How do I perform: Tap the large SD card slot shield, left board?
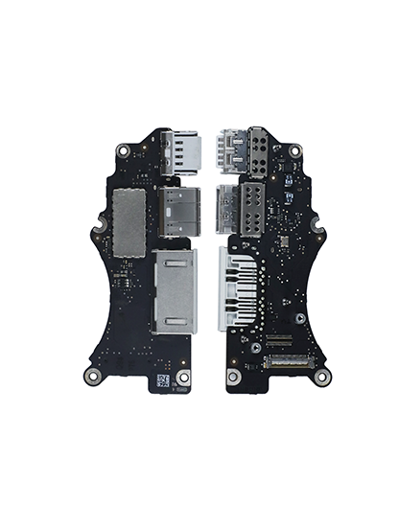click(173, 292)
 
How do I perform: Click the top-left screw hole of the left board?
click(124, 150)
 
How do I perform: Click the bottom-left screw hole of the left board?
click(91, 377)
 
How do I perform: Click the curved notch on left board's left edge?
click(96, 233)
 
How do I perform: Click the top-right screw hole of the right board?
click(296, 150)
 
